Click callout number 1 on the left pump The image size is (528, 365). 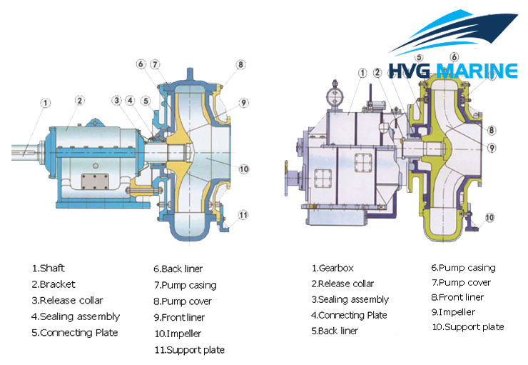(x=45, y=104)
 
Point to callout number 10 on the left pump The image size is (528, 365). (x=244, y=169)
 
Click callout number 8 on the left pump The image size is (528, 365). (x=241, y=64)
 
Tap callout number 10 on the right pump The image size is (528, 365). (x=489, y=217)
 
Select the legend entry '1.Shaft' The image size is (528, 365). (x=49, y=269)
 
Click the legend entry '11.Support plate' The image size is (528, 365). (x=189, y=350)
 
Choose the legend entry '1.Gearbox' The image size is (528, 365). (x=332, y=269)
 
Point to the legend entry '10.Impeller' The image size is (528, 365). (x=178, y=334)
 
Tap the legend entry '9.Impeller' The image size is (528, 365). (x=453, y=312)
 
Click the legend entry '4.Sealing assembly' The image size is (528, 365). (x=76, y=316)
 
